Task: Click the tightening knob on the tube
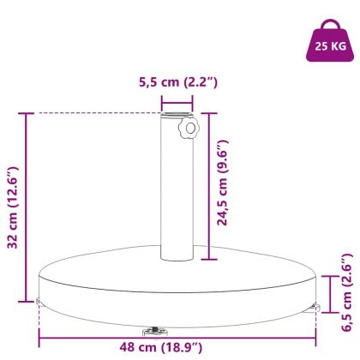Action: tap(186, 130)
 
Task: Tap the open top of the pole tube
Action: tap(175, 115)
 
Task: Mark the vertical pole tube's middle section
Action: tap(175, 189)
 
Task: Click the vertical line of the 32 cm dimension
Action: tap(27, 206)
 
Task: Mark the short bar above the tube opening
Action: tap(176, 99)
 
